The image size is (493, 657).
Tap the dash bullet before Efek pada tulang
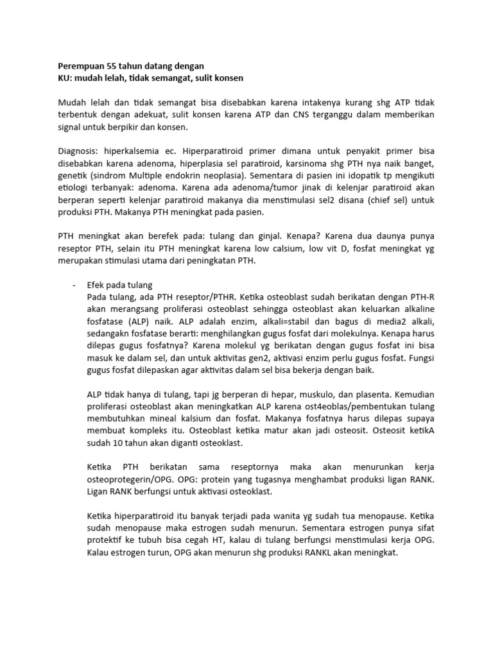[x=74, y=285]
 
